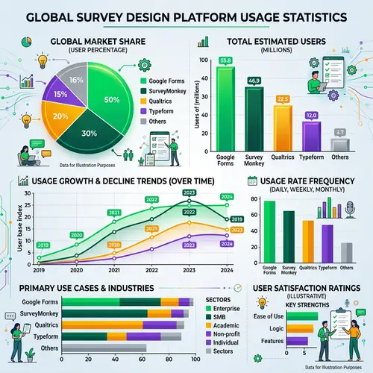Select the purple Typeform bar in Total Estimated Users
[311, 133]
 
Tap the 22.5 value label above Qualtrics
[283, 98]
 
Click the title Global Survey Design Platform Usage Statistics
[186, 16]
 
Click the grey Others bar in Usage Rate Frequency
[346, 253]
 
